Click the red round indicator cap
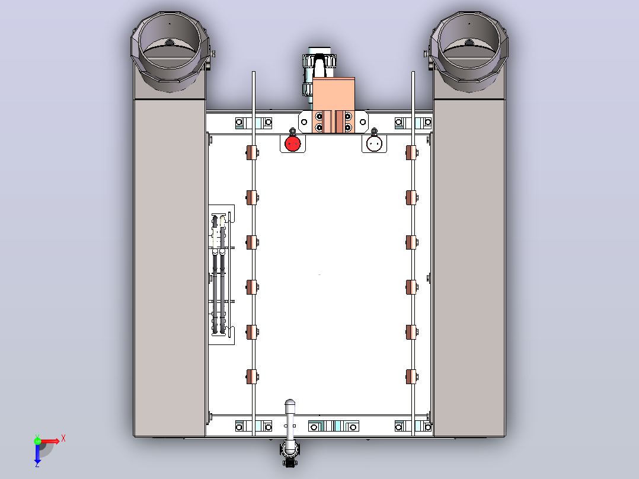click(x=293, y=143)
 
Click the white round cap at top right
click(x=374, y=143)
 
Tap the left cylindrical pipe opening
click(x=170, y=51)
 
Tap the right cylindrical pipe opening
click(x=469, y=51)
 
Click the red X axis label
click(x=63, y=439)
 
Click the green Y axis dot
click(x=37, y=440)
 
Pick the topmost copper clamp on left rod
click(x=253, y=153)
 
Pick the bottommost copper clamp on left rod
click(x=253, y=376)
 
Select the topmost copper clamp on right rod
click(x=411, y=153)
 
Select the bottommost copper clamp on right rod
click(x=411, y=376)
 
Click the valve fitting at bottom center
click(x=289, y=454)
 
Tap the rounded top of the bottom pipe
click(x=290, y=405)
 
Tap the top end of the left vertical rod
click(x=254, y=72)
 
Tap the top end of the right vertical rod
click(x=413, y=72)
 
